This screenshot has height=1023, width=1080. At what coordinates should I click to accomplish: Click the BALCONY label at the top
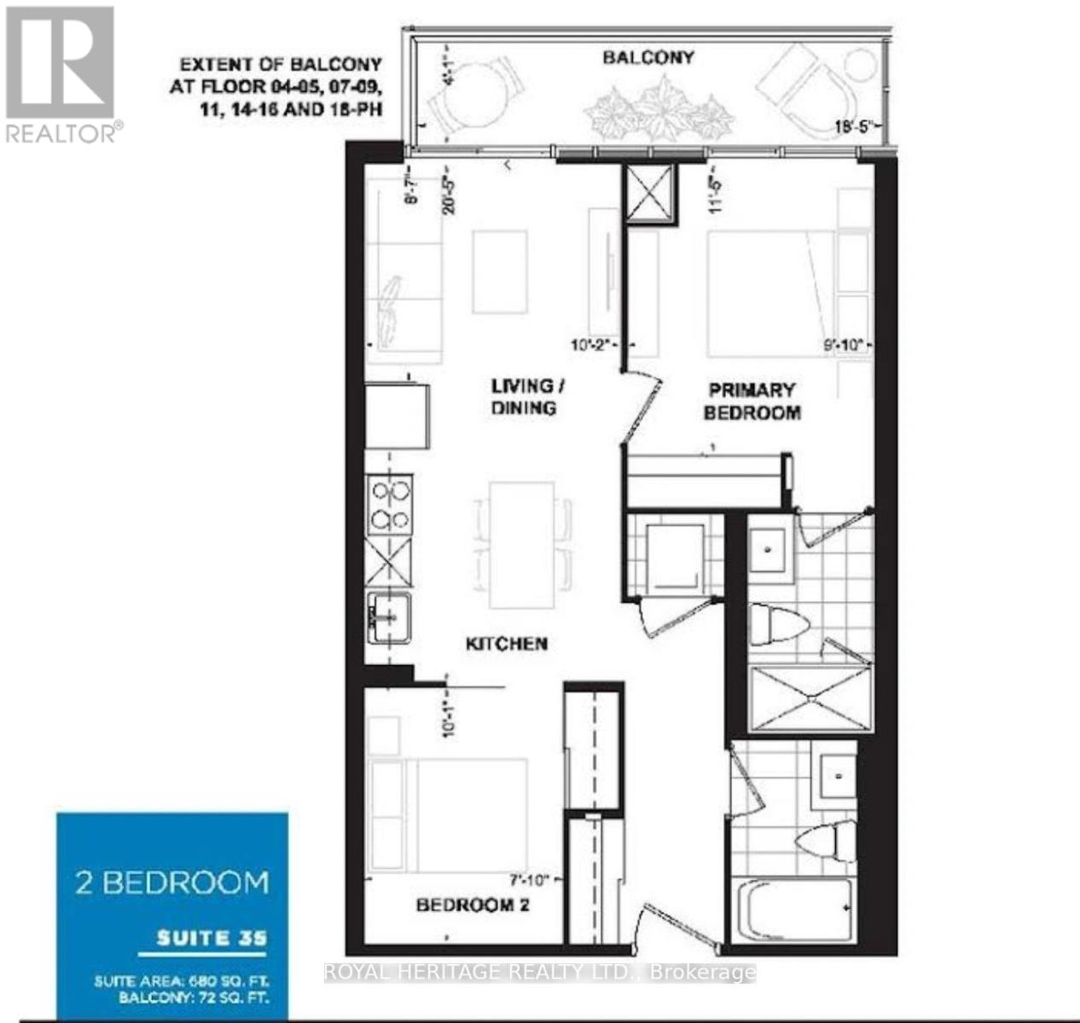click(x=648, y=57)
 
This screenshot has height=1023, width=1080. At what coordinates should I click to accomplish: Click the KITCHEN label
click(x=506, y=644)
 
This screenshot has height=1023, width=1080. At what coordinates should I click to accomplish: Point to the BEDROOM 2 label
click(x=473, y=905)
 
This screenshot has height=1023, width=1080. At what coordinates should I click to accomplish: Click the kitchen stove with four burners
click(x=390, y=505)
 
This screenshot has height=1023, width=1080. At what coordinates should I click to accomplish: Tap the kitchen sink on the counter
click(x=389, y=617)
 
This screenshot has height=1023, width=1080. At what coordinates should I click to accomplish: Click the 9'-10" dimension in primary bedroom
click(x=843, y=345)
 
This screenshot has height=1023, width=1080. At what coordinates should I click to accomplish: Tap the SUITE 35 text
click(x=212, y=939)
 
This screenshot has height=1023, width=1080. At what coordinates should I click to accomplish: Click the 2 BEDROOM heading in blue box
click(x=171, y=881)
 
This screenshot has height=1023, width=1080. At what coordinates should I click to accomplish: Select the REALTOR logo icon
click(x=61, y=64)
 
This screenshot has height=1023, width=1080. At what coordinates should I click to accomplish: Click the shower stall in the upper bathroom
click(x=810, y=698)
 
